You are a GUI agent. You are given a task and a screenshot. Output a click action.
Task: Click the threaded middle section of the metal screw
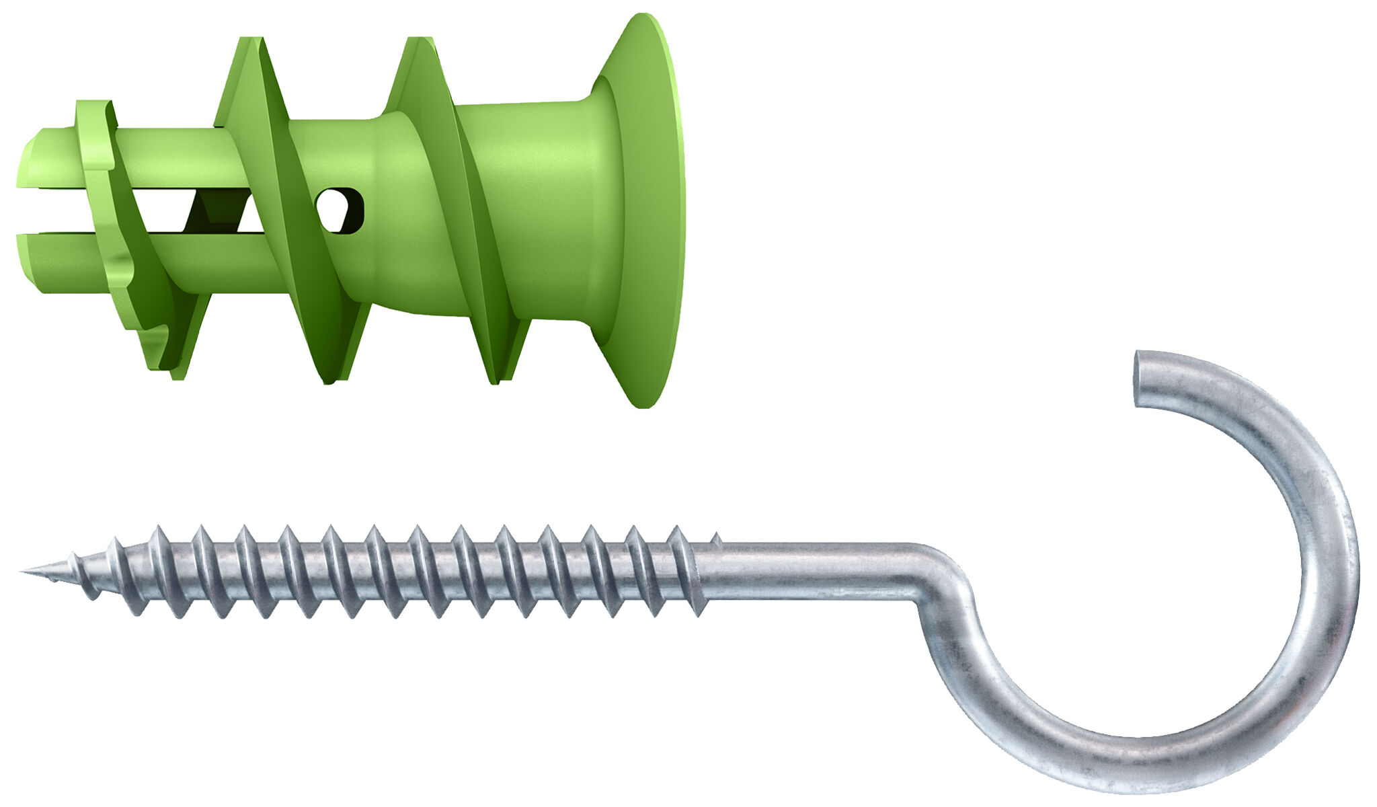(403, 572)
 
